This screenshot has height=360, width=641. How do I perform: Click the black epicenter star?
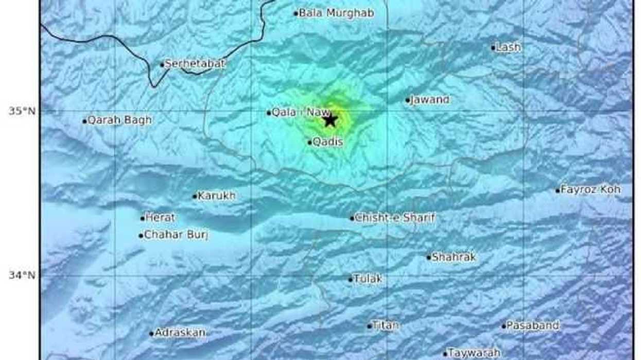[330, 120]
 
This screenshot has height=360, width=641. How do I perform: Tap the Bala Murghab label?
[336, 13]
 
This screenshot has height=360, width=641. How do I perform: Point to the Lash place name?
[508, 47]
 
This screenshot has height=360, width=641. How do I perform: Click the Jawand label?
[430, 100]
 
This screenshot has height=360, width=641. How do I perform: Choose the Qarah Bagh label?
[119, 121]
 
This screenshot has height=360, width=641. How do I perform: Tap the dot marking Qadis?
[310, 143]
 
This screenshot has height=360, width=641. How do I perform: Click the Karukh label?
[217, 196]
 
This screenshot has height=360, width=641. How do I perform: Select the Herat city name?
[160, 218]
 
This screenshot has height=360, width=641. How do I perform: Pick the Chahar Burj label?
[176, 235]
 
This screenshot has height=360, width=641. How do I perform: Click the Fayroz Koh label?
[591, 190]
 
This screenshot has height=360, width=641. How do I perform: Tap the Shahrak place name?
[454, 257]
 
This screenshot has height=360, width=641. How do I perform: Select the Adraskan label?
[181, 333]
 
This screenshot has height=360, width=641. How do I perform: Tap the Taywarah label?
[474, 353]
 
